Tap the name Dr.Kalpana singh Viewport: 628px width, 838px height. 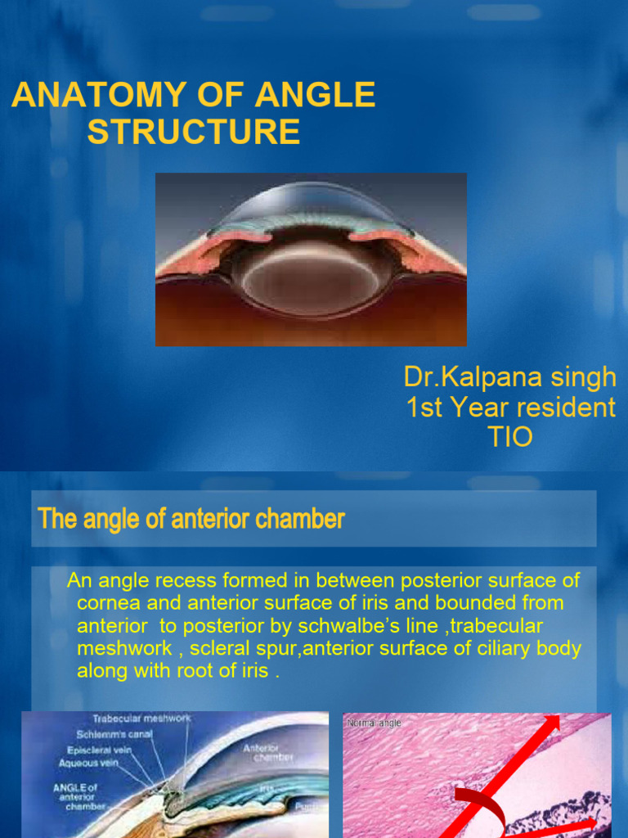pyautogui.click(x=510, y=377)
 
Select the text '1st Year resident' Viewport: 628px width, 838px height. pyautogui.click(x=511, y=407)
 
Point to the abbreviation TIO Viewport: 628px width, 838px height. pyautogui.click(x=509, y=436)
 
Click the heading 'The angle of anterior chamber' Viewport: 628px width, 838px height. pyautogui.click(x=191, y=519)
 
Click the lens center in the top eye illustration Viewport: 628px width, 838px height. pyautogui.click(x=311, y=282)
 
